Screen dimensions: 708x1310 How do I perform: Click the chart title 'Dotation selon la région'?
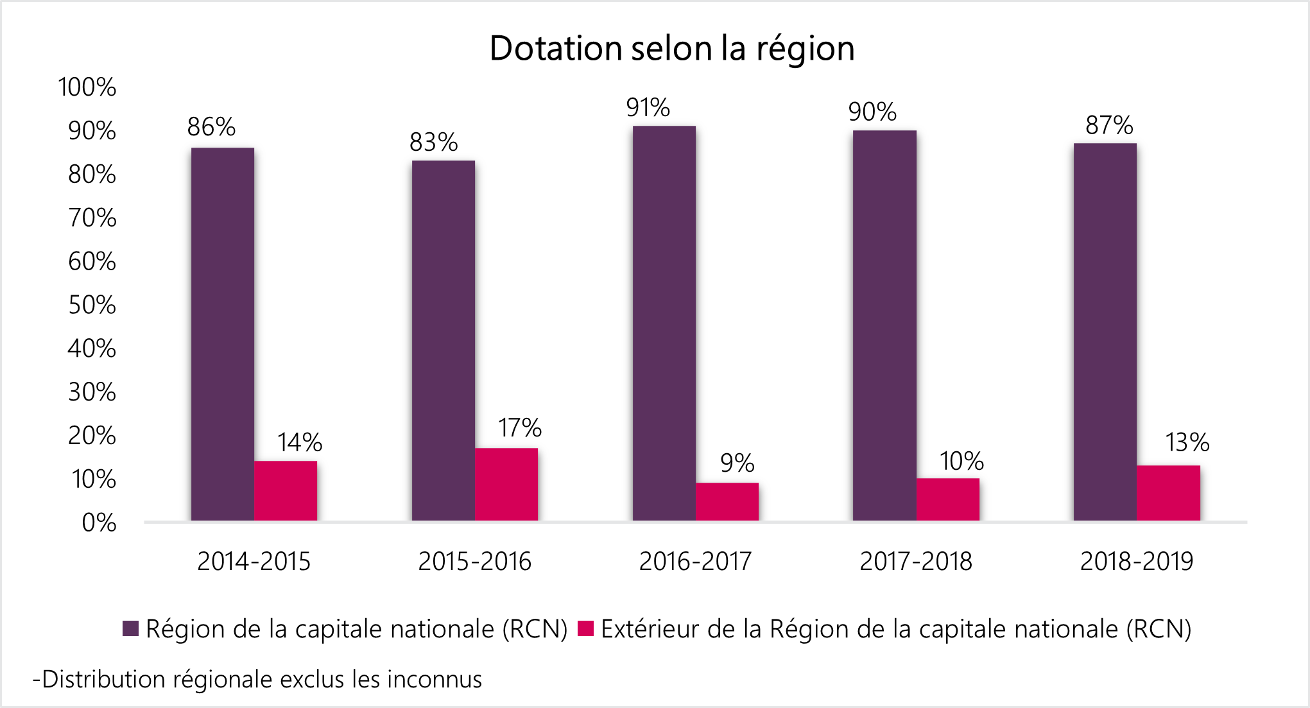[671, 49]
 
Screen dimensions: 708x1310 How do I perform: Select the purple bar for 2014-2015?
[222, 334]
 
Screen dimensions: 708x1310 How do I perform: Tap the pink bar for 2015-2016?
[506, 484]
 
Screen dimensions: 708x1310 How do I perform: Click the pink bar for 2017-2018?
[947, 499]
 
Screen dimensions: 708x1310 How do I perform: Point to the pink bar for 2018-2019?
[1168, 492]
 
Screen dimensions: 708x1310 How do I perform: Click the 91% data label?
[648, 108]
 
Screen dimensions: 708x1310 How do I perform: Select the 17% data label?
[519, 428]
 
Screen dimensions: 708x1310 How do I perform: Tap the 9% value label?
[737, 463]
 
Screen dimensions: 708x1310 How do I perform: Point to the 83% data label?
[433, 142]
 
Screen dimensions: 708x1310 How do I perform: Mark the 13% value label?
[1187, 443]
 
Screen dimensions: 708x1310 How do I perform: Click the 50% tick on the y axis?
[92, 305]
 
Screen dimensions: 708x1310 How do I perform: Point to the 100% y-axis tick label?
[87, 87]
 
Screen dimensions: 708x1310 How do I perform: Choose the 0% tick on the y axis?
[99, 522]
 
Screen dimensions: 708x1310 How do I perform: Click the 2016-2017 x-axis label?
[695, 562]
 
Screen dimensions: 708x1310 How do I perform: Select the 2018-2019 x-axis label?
[1136, 562]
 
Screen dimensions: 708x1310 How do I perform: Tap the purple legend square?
[131, 628]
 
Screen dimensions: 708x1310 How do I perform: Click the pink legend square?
[585, 628]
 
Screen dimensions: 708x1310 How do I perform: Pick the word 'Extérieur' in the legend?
[649, 629]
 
